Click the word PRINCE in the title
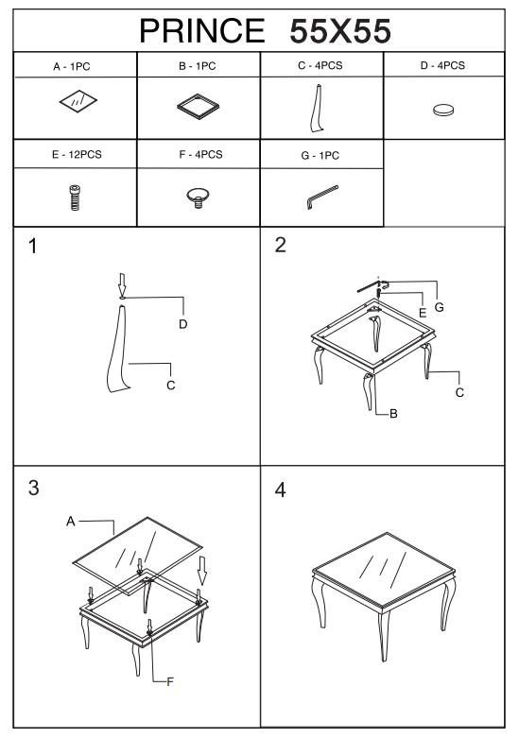202,31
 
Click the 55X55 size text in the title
340,31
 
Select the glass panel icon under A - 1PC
78,101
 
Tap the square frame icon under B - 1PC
199,107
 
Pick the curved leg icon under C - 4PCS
317,109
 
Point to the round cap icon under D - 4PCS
443,111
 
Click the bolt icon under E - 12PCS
75,197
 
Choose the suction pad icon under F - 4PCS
199,197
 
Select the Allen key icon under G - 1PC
322,197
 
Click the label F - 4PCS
200,154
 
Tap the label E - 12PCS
77,154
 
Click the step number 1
32,246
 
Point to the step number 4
280,490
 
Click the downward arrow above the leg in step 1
122,283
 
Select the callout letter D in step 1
182,324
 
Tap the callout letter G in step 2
439,307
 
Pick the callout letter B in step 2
393,414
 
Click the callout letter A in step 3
71,521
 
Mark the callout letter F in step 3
170,681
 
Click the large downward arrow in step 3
202,571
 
